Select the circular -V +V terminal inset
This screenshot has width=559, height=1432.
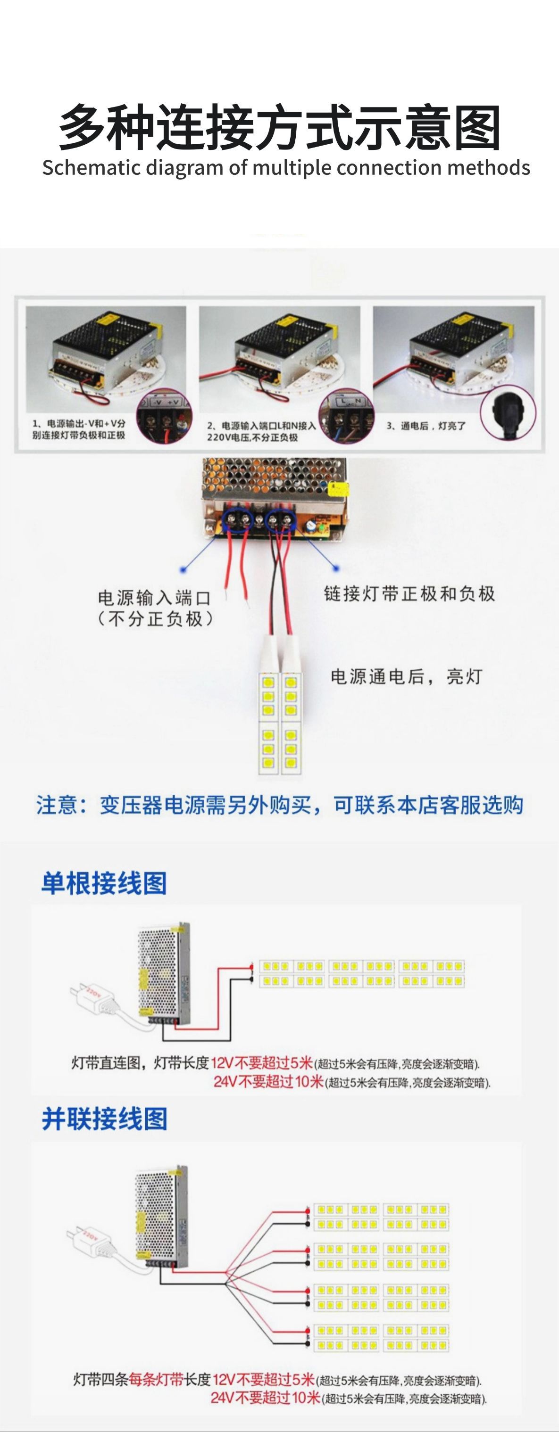165,417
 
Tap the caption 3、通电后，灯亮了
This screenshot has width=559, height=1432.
426,426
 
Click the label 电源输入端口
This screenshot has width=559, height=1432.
154,598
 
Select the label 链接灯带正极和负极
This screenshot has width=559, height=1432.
409,594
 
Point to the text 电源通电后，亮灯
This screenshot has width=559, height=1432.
406,676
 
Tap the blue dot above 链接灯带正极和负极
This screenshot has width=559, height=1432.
335,568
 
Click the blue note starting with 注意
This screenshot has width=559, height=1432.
279,805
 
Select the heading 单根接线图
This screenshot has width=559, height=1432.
104,883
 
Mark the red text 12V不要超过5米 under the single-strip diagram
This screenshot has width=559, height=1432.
263,1063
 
